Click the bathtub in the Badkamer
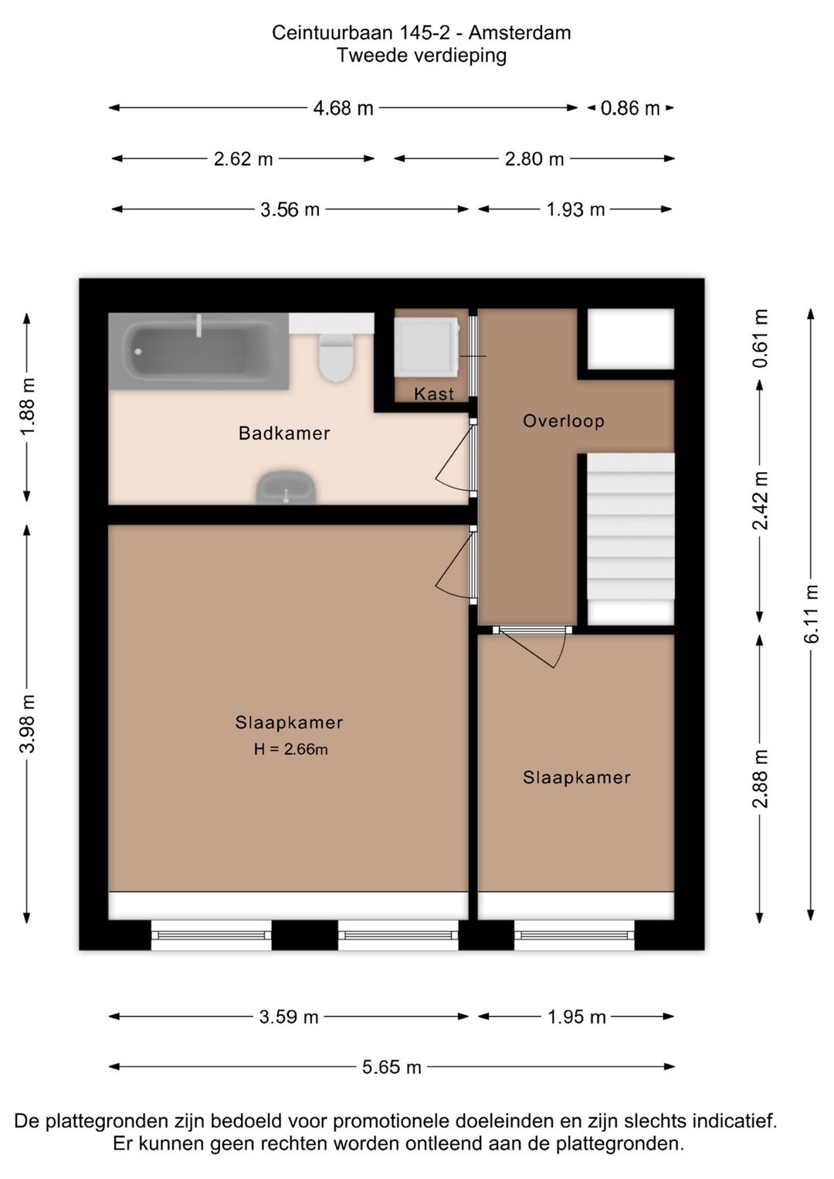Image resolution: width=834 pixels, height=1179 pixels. pyautogui.click(x=198, y=351)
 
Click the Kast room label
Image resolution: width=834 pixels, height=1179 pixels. pyautogui.click(x=434, y=394)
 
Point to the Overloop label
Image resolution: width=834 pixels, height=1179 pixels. pyautogui.click(x=563, y=421)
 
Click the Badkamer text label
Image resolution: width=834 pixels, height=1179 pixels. pyautogui.click(x=284, y=433)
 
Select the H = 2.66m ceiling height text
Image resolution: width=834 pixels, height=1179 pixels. pyautogui.click(x=290, y=749)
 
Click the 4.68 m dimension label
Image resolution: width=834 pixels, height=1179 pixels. pyautogui.click(x=343, y=108)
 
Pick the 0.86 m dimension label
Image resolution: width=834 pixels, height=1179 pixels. pyautogui.click(x=630, y=108)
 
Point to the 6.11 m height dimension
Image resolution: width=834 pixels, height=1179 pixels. pyautogui.click(x=811, y=614)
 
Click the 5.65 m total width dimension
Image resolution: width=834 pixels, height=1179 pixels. pyautogui.click(x=392, y=1067)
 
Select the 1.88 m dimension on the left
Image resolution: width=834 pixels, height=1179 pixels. pyautogui.click(x=28, y=406)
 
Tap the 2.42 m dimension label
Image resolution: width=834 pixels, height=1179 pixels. pyautogui.click(x=761, y=501)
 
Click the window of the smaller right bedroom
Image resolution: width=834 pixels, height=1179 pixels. pyautogui.click(x=575, y=936)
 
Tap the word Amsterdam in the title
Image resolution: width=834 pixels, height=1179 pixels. pyautogui.click(x=520, y=32)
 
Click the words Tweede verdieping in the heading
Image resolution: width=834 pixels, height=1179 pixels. pyautogui.click(x=422, y=56)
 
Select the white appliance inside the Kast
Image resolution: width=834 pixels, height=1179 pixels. pyautogui.click(x=425, y=347)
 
